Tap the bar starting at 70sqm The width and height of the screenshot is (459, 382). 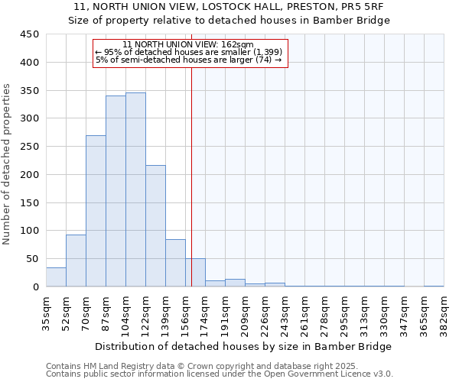[x=96, y=211]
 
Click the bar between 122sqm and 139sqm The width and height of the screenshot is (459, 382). [x=155, y=226]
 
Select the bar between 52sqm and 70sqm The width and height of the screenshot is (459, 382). [x=76, y=261]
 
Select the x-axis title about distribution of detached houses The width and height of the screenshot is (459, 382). [x=244, y=346]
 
